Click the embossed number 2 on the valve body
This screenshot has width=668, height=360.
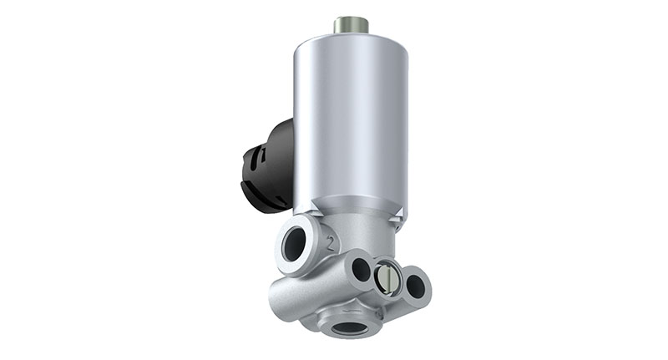(x=332, y=244)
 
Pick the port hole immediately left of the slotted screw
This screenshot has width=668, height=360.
(x=362, y=268)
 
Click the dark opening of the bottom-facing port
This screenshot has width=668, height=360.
(x=347, y=327)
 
